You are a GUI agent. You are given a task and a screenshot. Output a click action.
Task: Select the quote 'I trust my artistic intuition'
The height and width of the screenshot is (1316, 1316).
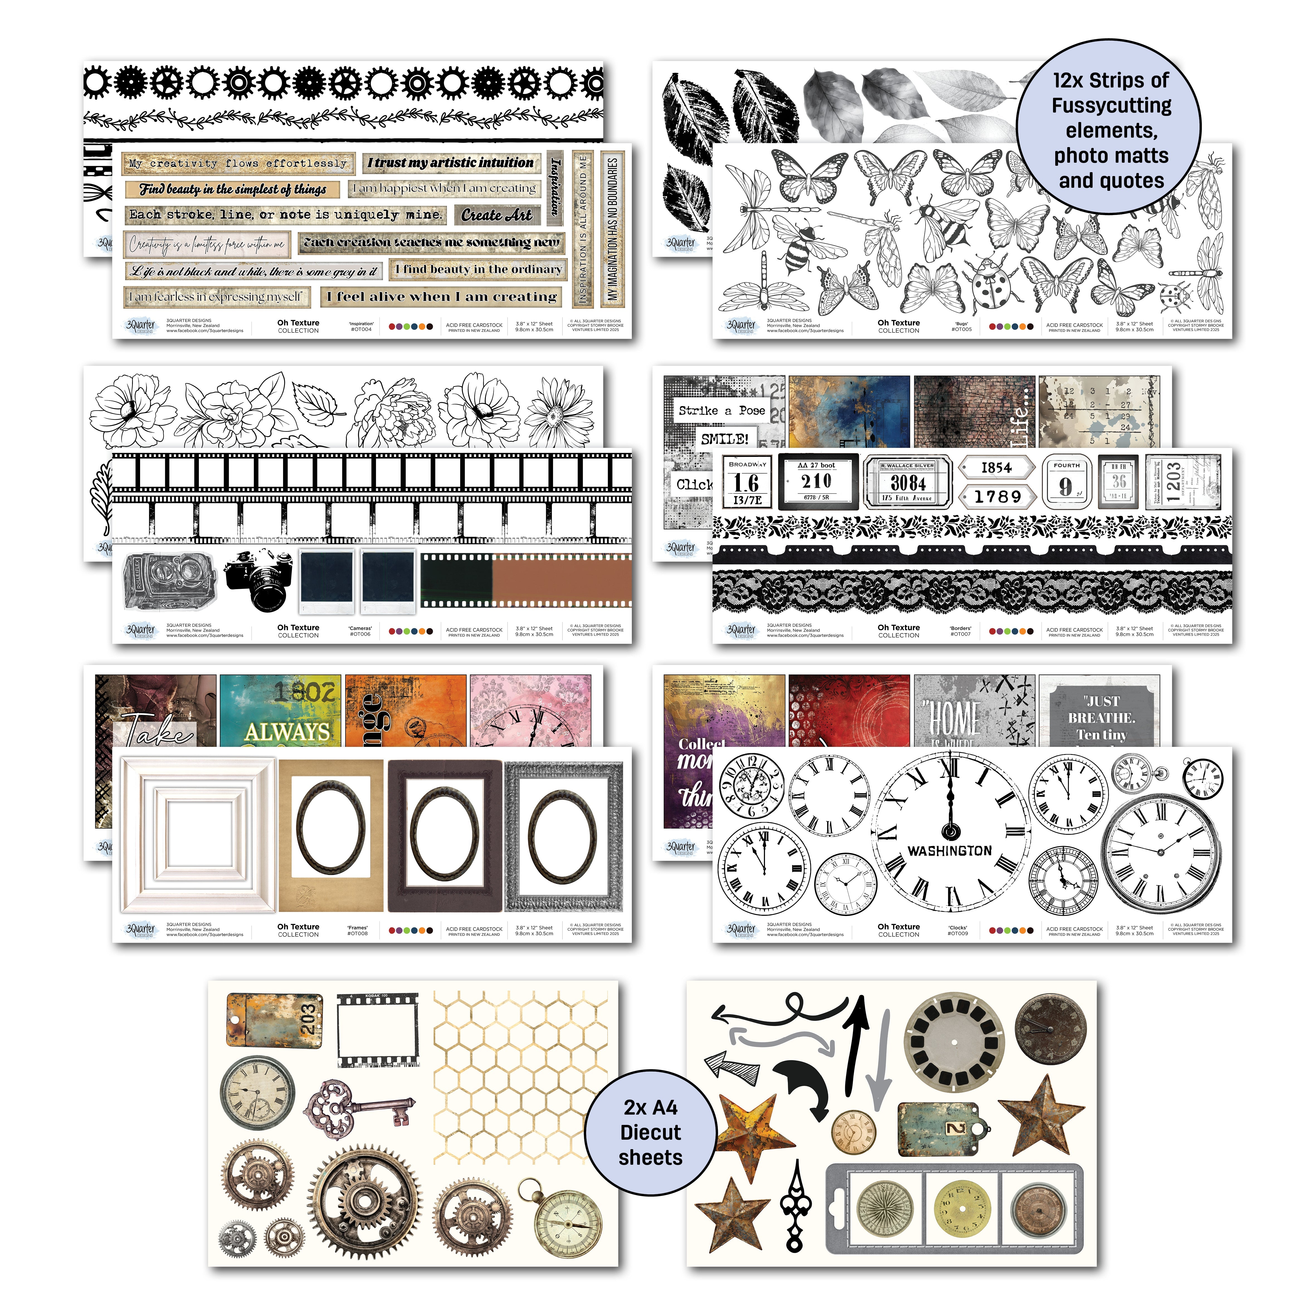(451, 163)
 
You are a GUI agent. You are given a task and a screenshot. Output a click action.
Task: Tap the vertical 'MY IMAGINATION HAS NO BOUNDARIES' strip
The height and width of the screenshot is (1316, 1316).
(612, 229)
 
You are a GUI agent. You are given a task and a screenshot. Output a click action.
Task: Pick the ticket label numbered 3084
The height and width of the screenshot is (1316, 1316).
(908, 482)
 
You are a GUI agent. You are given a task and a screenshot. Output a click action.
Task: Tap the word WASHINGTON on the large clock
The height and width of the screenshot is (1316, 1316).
(950, 851)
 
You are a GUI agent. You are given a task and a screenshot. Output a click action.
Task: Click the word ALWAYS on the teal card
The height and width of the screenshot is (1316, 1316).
(287, 732)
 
